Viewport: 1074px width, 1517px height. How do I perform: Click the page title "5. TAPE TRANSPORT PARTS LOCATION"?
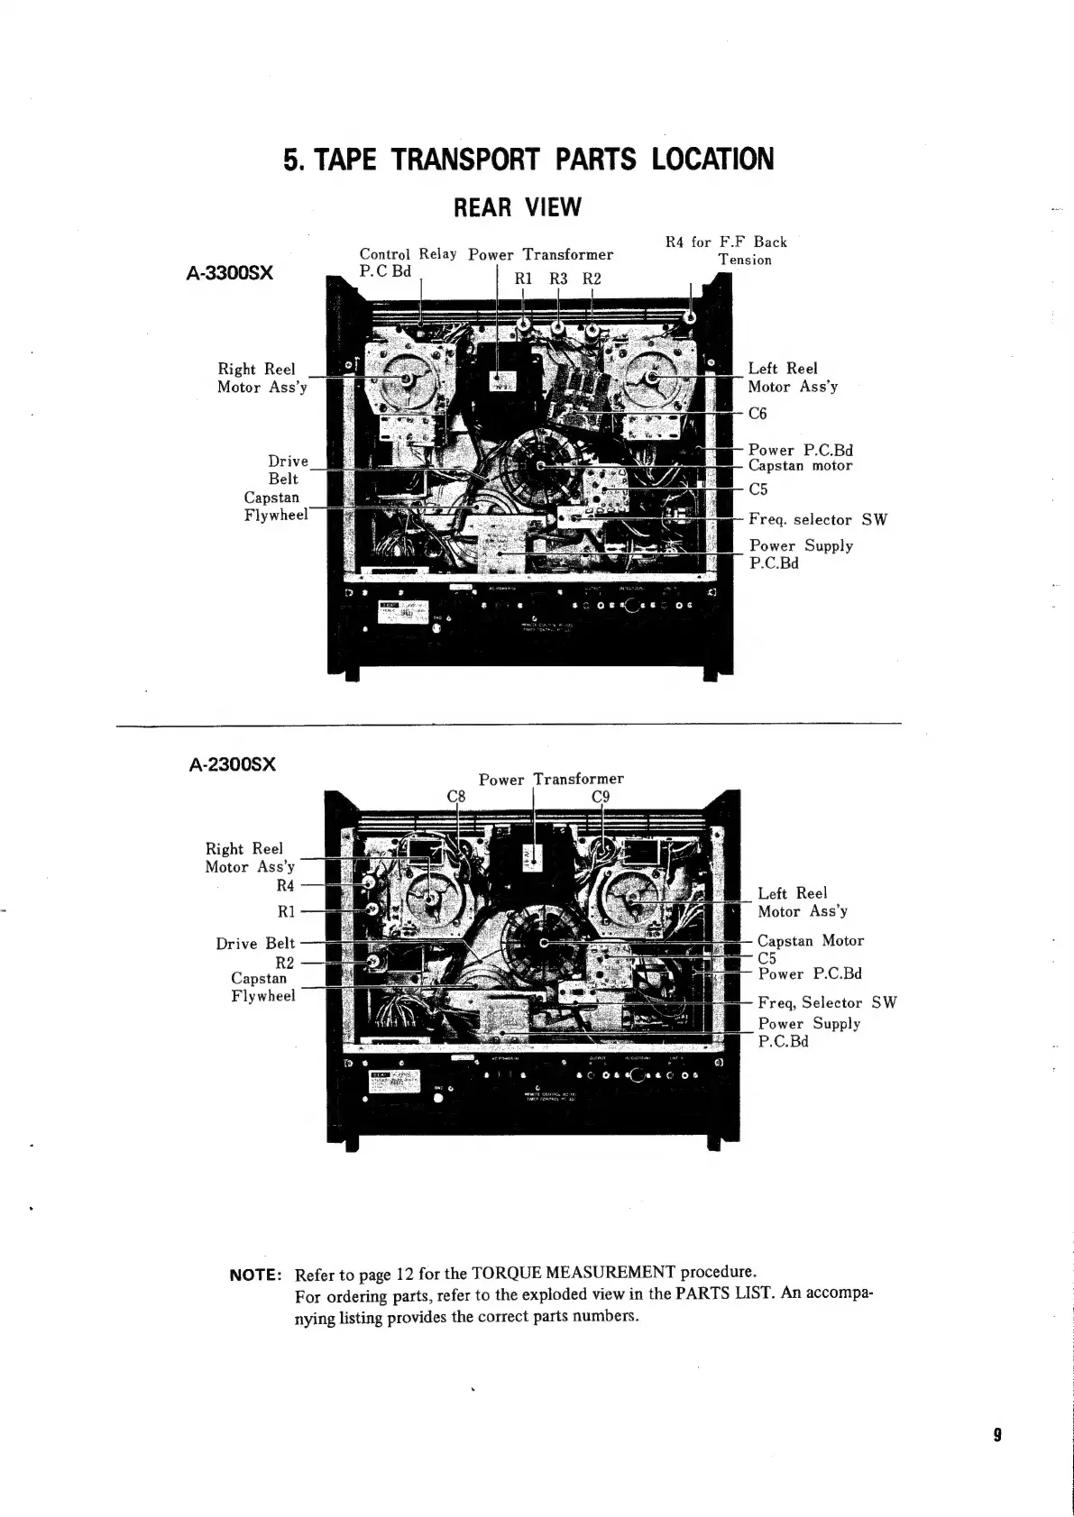(528, 160)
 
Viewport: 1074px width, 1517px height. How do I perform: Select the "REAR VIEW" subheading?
(517, 207)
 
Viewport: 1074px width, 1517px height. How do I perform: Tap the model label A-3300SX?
(230, 271)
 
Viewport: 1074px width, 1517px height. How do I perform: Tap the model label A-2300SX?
(233, 764)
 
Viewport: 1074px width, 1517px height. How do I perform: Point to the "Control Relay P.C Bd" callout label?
(408, 262)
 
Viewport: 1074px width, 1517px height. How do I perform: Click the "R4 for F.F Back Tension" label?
(727, 251)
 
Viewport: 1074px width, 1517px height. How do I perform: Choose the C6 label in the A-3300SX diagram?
(757, 414)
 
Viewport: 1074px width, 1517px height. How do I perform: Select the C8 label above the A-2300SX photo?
(457, 796)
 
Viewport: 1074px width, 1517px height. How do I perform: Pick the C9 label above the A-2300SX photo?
(601, 796)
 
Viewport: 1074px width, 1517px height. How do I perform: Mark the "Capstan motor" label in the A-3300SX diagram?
(800, 466)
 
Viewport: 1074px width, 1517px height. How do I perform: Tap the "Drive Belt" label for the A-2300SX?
(255, 944)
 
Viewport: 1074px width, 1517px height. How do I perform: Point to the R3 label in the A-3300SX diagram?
(558, 279)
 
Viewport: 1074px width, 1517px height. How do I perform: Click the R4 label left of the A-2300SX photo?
(285, 886)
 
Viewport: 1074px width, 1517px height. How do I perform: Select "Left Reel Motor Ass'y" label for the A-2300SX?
(802, 902)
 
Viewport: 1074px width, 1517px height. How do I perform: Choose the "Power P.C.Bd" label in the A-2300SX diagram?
(810, 974)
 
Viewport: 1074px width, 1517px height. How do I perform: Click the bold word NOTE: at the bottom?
(257, 1275)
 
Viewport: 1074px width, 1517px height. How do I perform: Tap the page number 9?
(998, 1435)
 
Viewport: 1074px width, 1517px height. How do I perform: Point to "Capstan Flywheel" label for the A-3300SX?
(275, 507)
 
